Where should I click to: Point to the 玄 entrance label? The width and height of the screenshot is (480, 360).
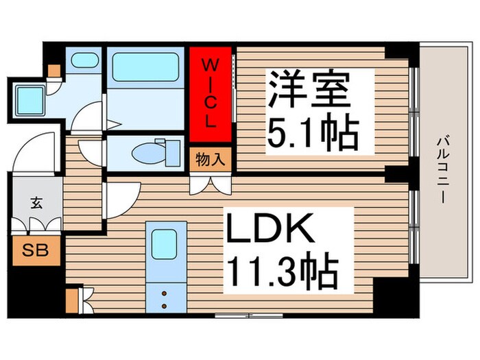pyautogui.click(x=34, y=203)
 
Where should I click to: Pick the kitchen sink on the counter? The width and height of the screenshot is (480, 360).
pyautogui.click(x=165, y=243)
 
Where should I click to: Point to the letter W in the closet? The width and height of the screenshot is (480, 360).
pyautogui.click(x=211, y=67)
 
